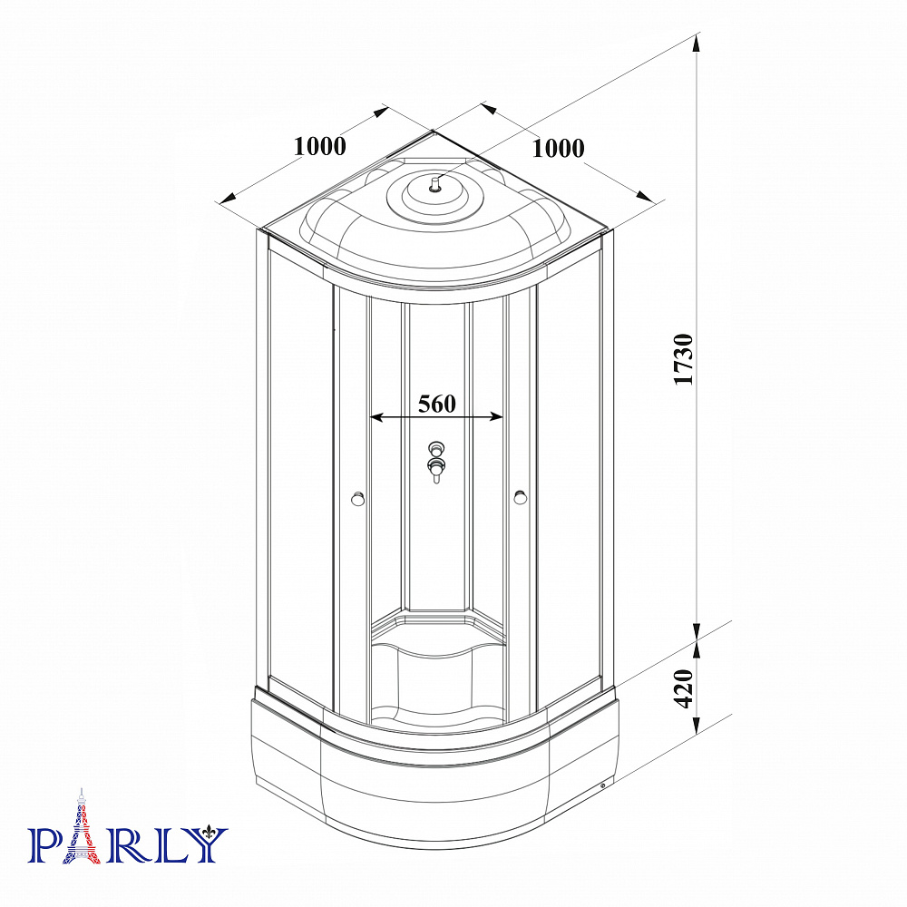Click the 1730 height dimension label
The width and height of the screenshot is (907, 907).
[683, 359]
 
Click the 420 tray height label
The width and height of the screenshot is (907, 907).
[684, 688]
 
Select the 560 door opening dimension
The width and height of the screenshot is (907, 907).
[437, 404]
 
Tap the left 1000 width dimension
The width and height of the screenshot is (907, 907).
[320, 146]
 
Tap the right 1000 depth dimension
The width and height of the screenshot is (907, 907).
[558, 149]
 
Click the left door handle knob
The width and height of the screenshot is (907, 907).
[358, 498]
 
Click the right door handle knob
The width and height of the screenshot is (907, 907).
[520, 497]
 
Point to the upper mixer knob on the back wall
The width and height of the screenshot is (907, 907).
[436, 448]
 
